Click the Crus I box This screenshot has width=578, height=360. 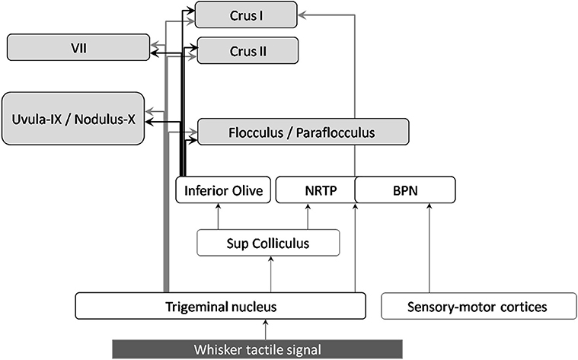point(246,14)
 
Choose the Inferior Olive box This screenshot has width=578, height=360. point(223,190)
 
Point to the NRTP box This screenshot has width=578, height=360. point(315,190)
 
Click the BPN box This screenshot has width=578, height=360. point(405,190)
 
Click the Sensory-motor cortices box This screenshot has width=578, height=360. point(476,307)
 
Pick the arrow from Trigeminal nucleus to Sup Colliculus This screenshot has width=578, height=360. point(272,275)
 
